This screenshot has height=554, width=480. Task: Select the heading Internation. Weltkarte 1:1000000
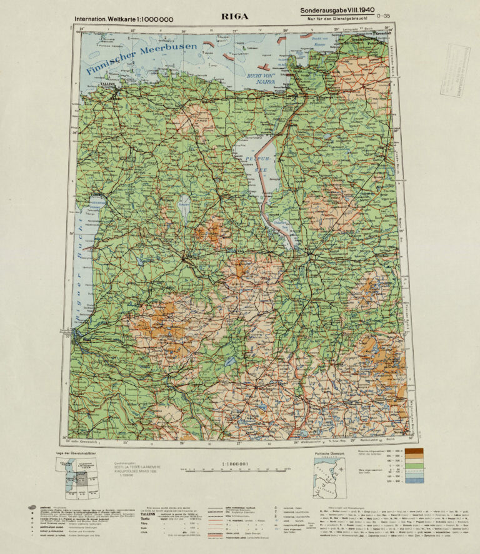[124, 19]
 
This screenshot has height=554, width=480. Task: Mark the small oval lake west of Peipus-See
[184, 202]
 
